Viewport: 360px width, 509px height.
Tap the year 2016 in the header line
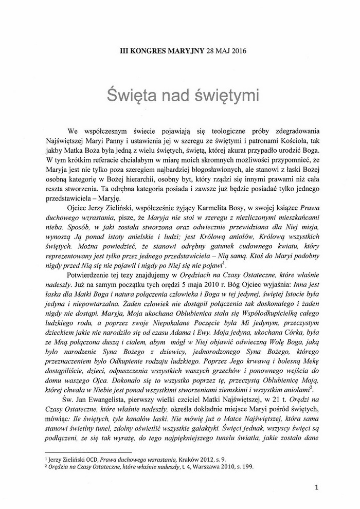click(x=230, y=50)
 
